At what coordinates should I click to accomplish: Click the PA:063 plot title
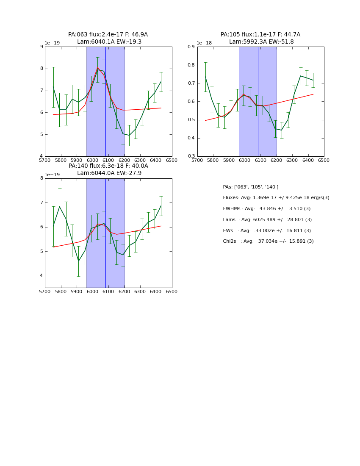pyautogui.click(x=108, y=38)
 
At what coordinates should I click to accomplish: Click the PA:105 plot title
pyautogui.click(x=260, y=38)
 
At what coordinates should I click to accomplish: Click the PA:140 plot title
pyautogui.click(x=108, y=169)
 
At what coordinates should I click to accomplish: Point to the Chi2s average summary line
pyautogui.click(x=269, y=241)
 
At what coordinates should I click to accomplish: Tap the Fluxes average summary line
pyautogui.click(x=276, y=198)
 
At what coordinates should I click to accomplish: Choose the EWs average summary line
pyautogui.click(x=267, y=231)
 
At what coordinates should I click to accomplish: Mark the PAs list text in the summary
pyautogui.click(x=251, y=187)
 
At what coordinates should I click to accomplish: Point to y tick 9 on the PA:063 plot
pyautogui.click(x=42, y=47)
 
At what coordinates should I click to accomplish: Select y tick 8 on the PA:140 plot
pyautogui.click(x=42, y=178)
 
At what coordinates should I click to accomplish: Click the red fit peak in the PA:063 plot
pyautogui.click(x=97, y=67)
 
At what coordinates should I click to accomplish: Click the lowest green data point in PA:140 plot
pyautogui.click(x=78, y=261)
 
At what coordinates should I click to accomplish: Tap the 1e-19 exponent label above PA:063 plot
pyautogui.click(x=53, y=43)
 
